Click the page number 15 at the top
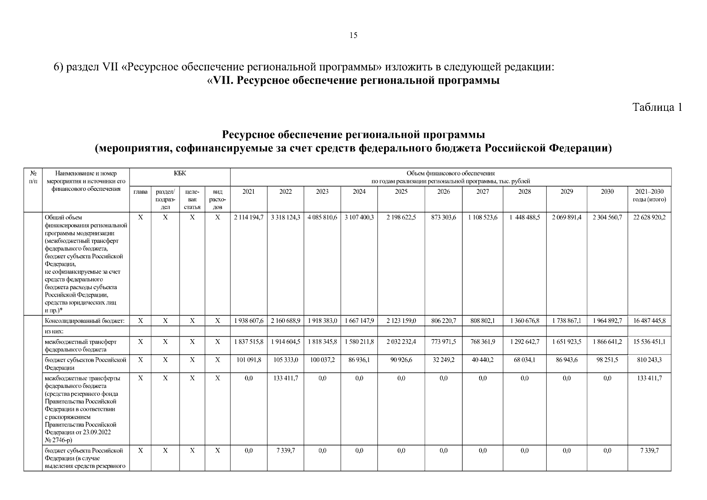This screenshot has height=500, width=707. pos(353,35)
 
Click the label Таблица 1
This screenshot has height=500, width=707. pos(657,107)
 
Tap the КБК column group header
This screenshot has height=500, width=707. pos(180,173)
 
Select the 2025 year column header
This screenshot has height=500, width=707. pos(401,192)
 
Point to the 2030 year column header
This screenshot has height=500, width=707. pos(607,192)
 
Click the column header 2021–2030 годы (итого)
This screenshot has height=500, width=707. pos(649,195)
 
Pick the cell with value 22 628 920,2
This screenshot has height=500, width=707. pos(649,217)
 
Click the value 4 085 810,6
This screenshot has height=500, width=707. pos(322,217)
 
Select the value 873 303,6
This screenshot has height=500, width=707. pos(443,217)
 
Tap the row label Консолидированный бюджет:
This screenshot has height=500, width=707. pos(85,321)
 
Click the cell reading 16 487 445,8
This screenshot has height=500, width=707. pos(649,321)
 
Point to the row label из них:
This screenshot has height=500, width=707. pos(54,331)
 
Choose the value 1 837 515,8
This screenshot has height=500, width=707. pos(248,342)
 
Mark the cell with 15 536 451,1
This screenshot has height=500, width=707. pos(649,342)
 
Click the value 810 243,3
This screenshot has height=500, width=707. pos(649,360)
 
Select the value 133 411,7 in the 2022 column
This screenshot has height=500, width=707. pos(285,378)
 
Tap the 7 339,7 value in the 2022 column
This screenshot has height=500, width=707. pos(285,451)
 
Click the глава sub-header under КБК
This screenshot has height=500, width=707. pos(140,192)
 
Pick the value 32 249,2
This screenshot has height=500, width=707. pos(443,360)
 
